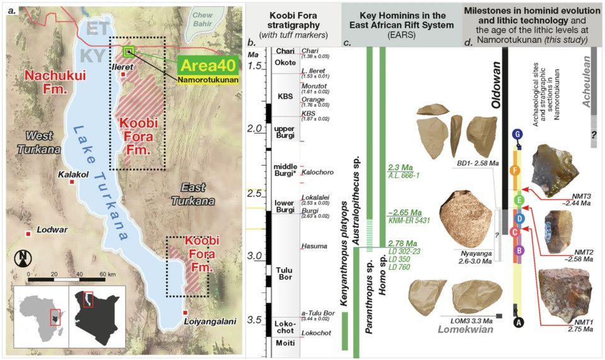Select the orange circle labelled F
coord(517,170)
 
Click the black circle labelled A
coord(518,322)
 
